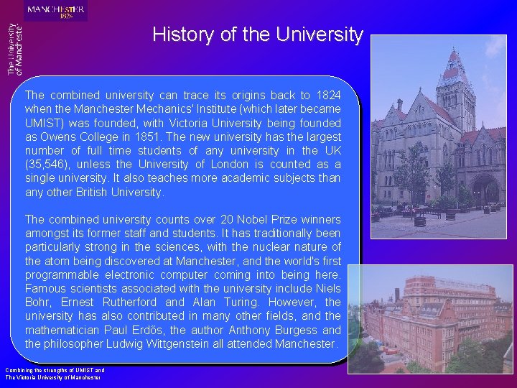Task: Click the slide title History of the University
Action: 258,34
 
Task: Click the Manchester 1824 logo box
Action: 56,11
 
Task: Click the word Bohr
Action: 39,302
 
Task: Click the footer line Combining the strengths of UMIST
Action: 55,370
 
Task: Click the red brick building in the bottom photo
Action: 431,316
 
